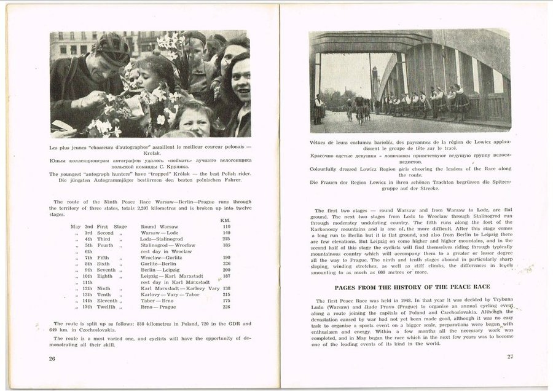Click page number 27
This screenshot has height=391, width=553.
click(x=510, y=357)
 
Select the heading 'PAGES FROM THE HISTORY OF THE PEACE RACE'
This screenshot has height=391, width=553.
click(x=412, y=287)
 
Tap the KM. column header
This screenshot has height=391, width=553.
click(x=225, y=220)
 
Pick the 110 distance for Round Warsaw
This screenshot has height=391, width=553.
click(x=226, y=227)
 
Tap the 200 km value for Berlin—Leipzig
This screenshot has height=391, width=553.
click(x=226, y=270)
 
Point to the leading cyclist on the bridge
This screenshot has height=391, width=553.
click(x=359, y=108)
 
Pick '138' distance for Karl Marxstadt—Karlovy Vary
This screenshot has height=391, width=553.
click(x=226, y=288)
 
